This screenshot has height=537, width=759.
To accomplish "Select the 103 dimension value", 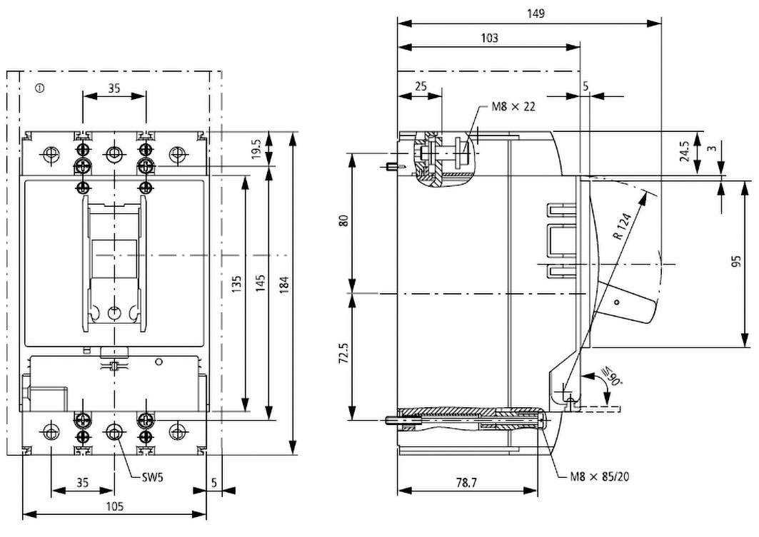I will click(x=489, y=38).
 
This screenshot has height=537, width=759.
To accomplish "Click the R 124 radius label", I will click(x=623, y=227).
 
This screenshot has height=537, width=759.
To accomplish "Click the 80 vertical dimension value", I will click(x=344, y=222).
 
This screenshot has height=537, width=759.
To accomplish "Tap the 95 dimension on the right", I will click(x=737, y=261).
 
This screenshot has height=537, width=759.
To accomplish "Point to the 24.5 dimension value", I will click(x=683, y=152).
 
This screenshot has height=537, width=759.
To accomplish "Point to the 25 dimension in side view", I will click(x=420, y=86).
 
